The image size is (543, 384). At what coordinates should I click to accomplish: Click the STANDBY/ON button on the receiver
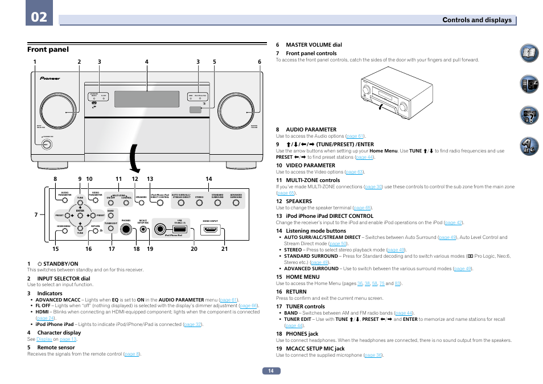pos(46,144)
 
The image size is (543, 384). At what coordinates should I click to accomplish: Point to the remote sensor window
pos(196,109)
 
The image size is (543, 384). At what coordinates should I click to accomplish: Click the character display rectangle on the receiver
pos(146,100)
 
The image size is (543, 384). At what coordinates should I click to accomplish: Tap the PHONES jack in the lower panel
pos(126,229)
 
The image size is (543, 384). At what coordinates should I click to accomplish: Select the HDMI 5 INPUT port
pos(211,230)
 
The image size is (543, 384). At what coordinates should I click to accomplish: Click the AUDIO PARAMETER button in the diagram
pos(65,200)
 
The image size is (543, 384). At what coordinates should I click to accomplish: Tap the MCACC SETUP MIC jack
pos(143,230)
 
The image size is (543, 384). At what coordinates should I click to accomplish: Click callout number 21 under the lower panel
pos(225,249)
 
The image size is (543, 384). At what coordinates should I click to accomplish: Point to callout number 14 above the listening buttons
pos(209,179)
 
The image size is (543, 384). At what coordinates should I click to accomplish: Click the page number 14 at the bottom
pos(271,371)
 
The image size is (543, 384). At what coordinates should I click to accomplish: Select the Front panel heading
pos(48,49)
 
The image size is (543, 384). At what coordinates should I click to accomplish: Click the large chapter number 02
pos(39,17)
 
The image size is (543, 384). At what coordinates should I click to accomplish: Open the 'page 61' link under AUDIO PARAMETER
pos(355,137)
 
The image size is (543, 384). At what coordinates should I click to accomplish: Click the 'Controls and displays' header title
pos(478,20)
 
